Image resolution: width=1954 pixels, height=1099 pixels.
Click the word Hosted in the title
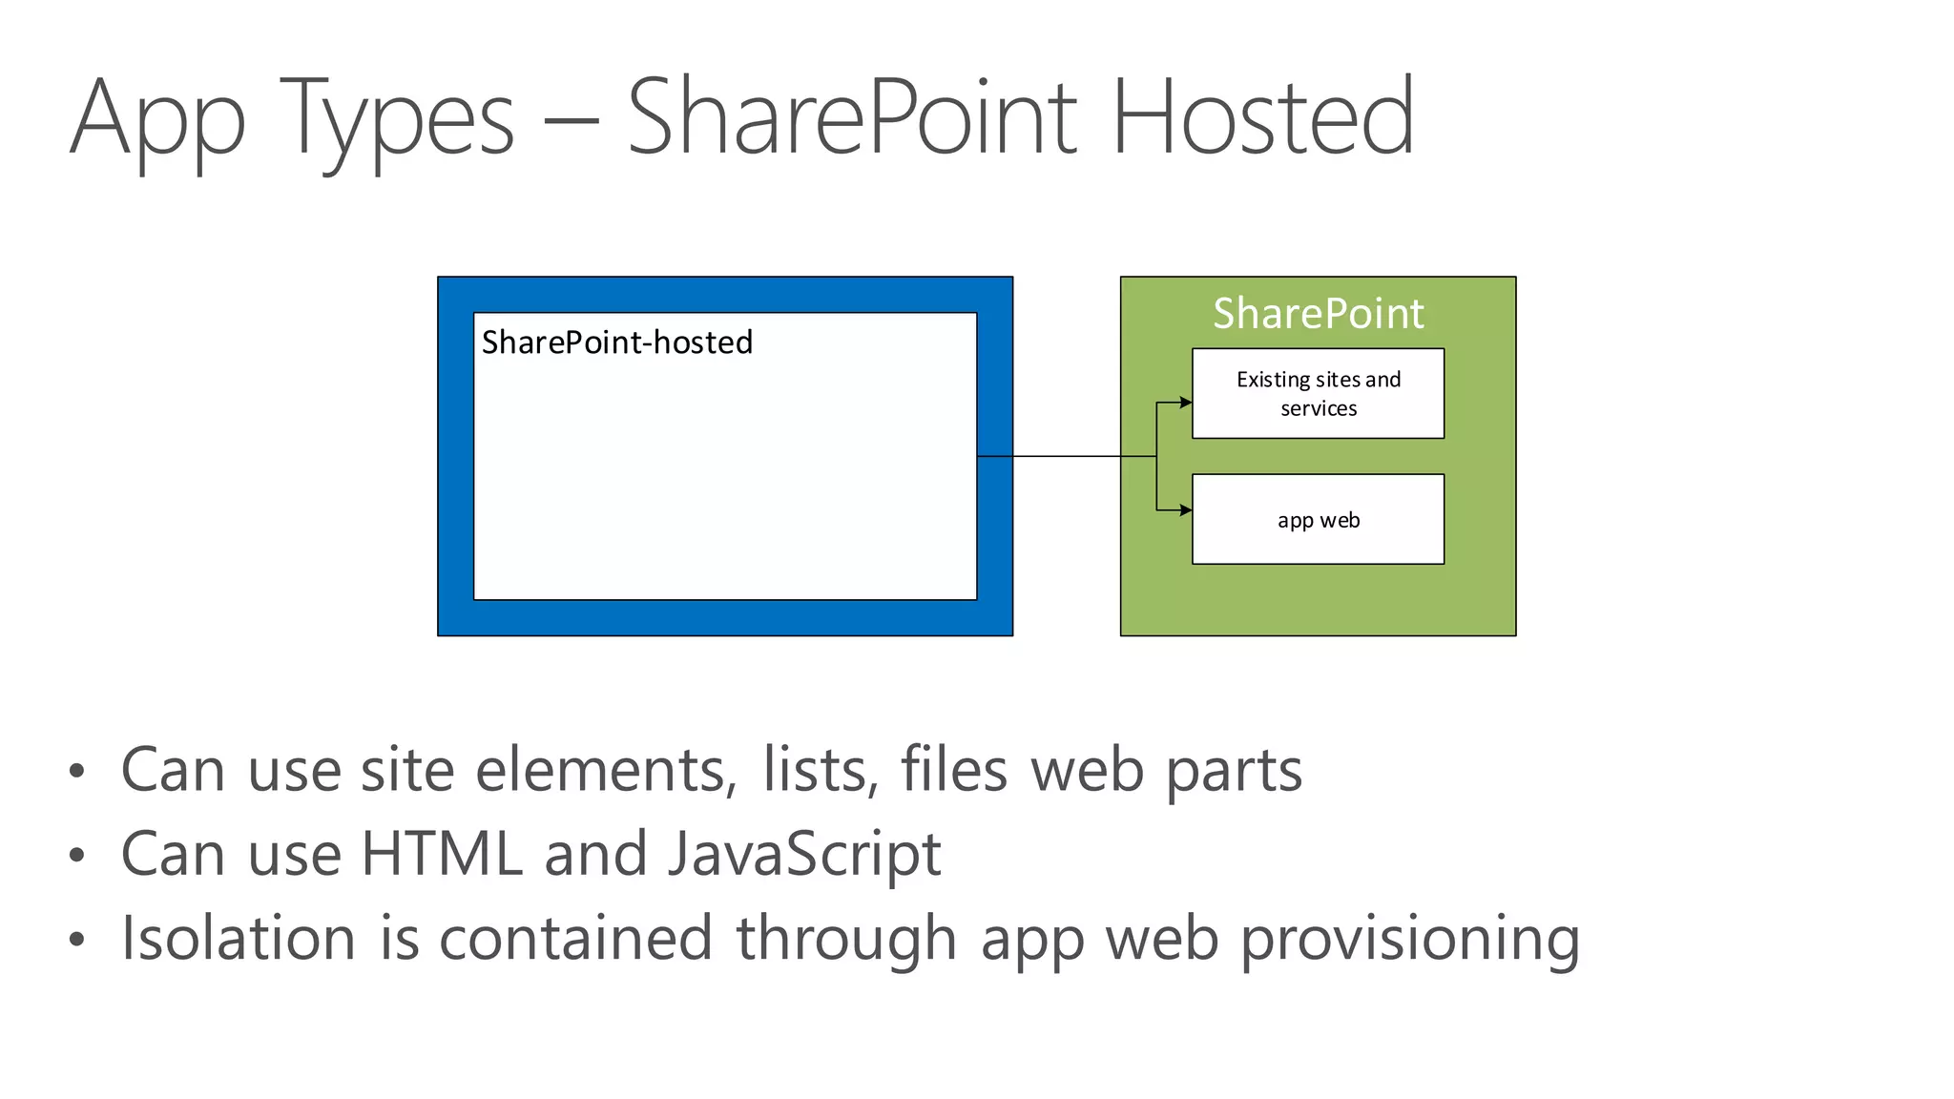pos(1262,117)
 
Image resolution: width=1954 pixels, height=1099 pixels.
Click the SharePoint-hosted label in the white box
pos(616,342)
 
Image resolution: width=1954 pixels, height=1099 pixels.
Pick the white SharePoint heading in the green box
pos(1318,313)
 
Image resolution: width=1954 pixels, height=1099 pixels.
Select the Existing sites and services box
pos(1318,393)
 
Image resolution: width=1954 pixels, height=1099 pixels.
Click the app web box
pos(1318,519)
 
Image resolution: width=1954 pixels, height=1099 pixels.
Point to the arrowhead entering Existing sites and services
pos(1186,403)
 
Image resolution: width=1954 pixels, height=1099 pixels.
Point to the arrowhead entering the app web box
pos(1186,510)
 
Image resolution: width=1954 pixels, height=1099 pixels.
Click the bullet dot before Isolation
pos(77,939)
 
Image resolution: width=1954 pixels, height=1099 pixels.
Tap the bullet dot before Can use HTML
pos(77,855)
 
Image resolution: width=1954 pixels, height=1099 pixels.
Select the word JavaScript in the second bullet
pos(804,854)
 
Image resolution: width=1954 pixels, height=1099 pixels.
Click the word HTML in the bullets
pos(442,853)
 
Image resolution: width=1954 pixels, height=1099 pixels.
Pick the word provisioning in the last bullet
pos(1409,940)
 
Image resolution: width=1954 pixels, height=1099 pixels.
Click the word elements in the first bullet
pos(606,769)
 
